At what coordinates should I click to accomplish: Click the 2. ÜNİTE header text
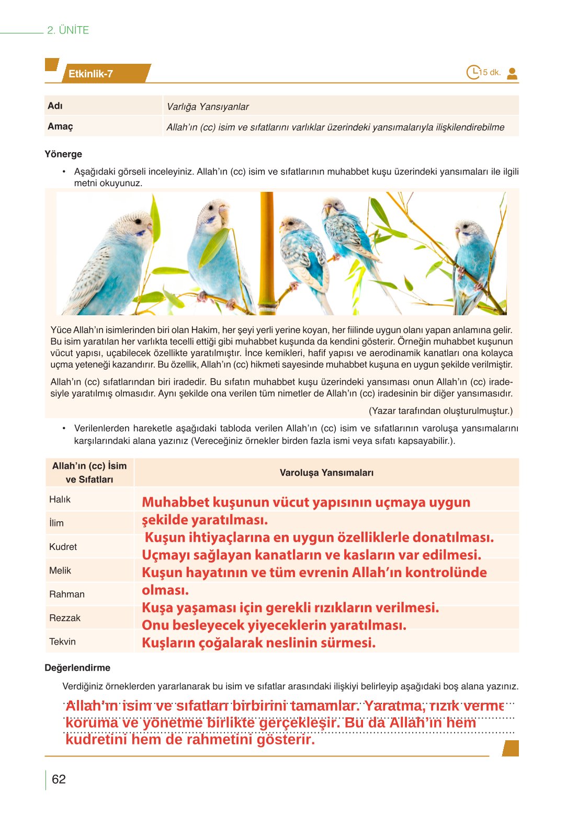coord(68,30)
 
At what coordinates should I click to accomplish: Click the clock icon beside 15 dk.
coord(473,72)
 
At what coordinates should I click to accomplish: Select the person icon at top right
coord(512,73)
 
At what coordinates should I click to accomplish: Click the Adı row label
coord(55,106)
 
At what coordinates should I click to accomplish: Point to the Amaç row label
coord(60,127)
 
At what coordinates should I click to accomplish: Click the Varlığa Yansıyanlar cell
coord(208,107)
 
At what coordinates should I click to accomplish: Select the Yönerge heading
coord(63,154)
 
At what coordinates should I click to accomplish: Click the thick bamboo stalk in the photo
coord(267,251)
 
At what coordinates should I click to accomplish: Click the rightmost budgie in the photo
coord(473,256)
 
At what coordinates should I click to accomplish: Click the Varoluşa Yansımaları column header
coord(326,473)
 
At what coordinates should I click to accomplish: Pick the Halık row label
coord(60,499)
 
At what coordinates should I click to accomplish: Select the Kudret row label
coord(63,547)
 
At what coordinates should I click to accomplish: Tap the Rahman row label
coord(66,594)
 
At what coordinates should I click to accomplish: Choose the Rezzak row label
coord(65,618)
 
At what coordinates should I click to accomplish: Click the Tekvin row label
coord(62,641)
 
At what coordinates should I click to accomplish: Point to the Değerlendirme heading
coord(77,668)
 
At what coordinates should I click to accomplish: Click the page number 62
coord(59,779)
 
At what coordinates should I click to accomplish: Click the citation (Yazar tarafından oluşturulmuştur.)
coord(440,411)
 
